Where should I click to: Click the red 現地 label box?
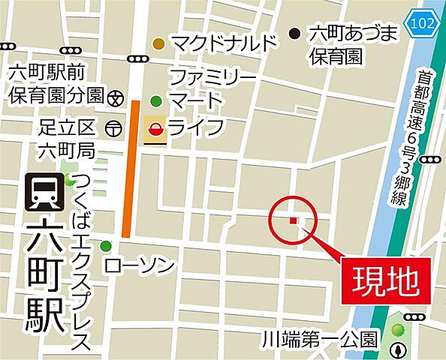[386, 280]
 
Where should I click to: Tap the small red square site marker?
[294, 220]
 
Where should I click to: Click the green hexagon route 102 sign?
[422, 22]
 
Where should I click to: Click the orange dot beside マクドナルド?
[158, 44]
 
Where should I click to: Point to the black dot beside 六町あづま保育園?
[295, 34]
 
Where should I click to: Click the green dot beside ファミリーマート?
[156, 100]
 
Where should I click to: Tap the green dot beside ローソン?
[105, 246]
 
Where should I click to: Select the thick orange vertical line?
[130, 168]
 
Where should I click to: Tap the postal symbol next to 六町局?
[113, 128]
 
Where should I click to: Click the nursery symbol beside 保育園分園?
[116, 96]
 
